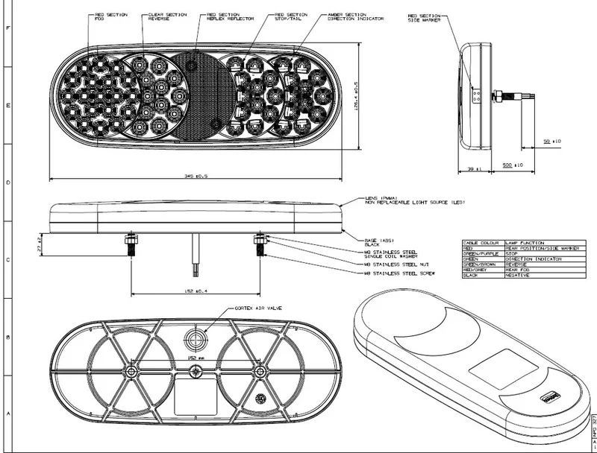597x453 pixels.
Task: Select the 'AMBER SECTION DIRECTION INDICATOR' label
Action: (350, 17)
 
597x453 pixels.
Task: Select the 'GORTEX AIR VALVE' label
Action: (258, 307)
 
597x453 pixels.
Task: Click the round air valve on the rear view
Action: (197, 339)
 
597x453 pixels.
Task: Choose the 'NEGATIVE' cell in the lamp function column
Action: (517, 275)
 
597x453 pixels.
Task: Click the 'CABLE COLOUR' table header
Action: (478, 243)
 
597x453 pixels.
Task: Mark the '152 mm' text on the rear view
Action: (194, 358)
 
